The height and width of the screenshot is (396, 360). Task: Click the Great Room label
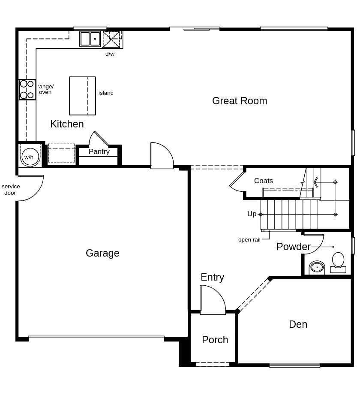[x=240, y=101]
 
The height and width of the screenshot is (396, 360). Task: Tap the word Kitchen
[x=67, y=124]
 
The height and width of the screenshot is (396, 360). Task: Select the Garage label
[x=102, y=253]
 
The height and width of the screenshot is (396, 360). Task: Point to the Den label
[x=298, y=324]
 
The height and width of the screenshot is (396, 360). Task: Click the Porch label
[x=215, y=340]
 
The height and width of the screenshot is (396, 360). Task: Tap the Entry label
[x=212, y=277]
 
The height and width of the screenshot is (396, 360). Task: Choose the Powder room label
[x=293, y=247]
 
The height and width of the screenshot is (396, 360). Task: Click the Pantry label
[x=99, y=151]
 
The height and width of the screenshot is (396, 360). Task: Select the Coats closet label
[x=263, y=181]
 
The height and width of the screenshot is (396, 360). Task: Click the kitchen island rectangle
[x=82, y=96]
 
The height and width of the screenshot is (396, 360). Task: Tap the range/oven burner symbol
[x=27, y=90]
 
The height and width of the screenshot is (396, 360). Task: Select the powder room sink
[x=317, y=267]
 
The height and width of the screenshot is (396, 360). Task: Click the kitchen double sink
[x=90, y=39]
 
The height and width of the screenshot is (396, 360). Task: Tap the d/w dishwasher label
[x=110, y=54]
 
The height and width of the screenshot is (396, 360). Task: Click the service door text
[x=11, y=190]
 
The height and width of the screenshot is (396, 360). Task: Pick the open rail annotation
[x=249, y=240]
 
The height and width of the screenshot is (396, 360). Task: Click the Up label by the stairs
[x=252, y=214]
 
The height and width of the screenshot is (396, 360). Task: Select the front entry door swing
[x=213, y=300]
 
